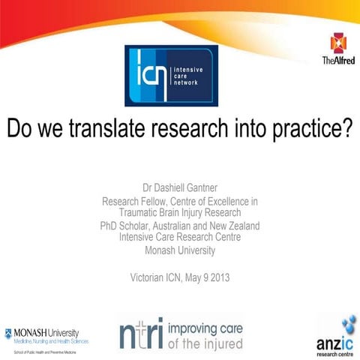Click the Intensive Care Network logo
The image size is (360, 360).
[x=171, y=75]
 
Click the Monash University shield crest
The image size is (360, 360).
[x=9, y=331]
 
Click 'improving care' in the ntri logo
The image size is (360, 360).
[x=205, y=327]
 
